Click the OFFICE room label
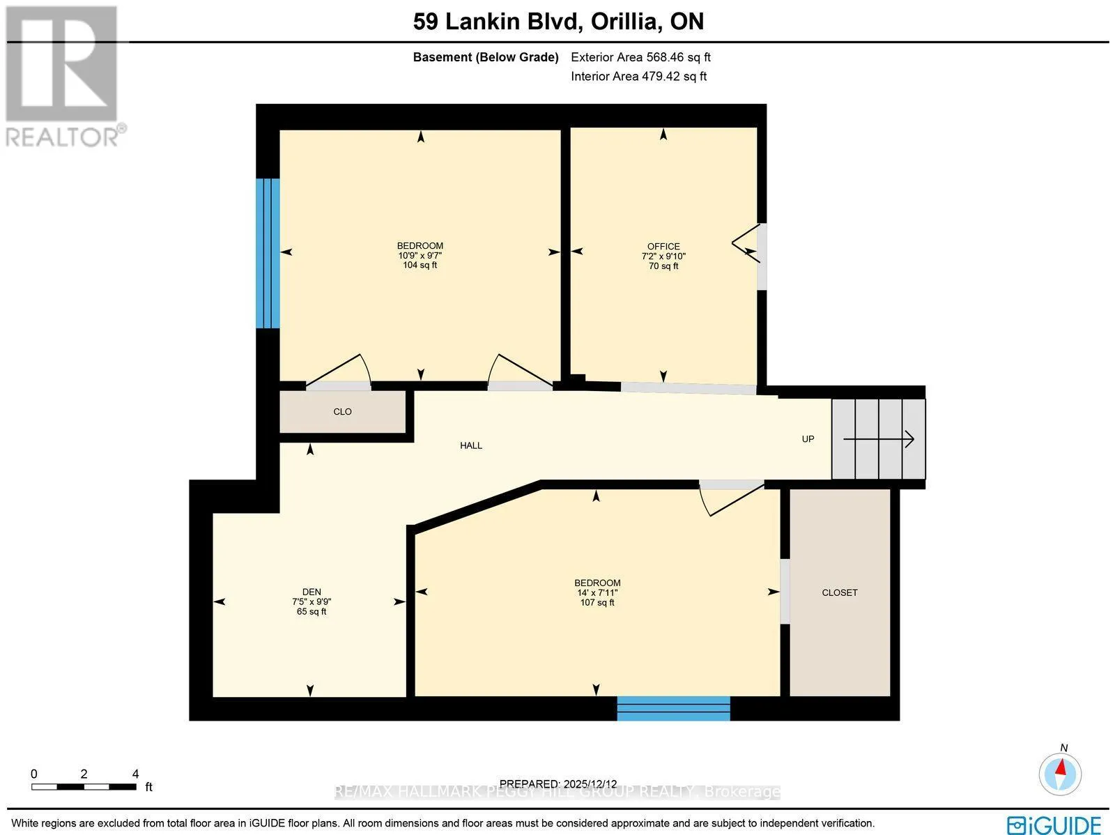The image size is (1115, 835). click(x=663, y=246)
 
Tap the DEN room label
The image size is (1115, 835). click(x=312, y=592)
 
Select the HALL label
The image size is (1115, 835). click(x=471, y=445)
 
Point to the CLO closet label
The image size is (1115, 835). click(x=342, y=411)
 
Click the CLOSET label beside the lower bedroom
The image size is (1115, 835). click(x=840, y=592)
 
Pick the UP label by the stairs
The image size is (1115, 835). click(x=808, y=439)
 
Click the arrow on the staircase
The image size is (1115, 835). click(x=879, y=439)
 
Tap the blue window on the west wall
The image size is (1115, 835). click(x=268, y=254)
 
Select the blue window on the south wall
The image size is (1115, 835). click(x=674, y=709)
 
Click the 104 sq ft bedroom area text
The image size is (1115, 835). click(x=420, y=265)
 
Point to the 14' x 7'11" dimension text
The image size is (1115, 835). click(x=597, y=592)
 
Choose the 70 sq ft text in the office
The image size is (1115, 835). click(x=663, y=266)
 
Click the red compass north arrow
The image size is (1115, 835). click(x=1061, y=774)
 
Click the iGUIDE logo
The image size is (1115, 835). click(x=1054, y=824)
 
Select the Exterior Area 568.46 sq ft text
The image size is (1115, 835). click(x=640, y=57)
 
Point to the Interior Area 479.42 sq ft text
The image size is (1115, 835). click(x=638, y=76)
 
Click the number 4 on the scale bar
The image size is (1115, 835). click(x=135, y=774)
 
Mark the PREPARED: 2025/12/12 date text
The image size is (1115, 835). click(x=558, y=783)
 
